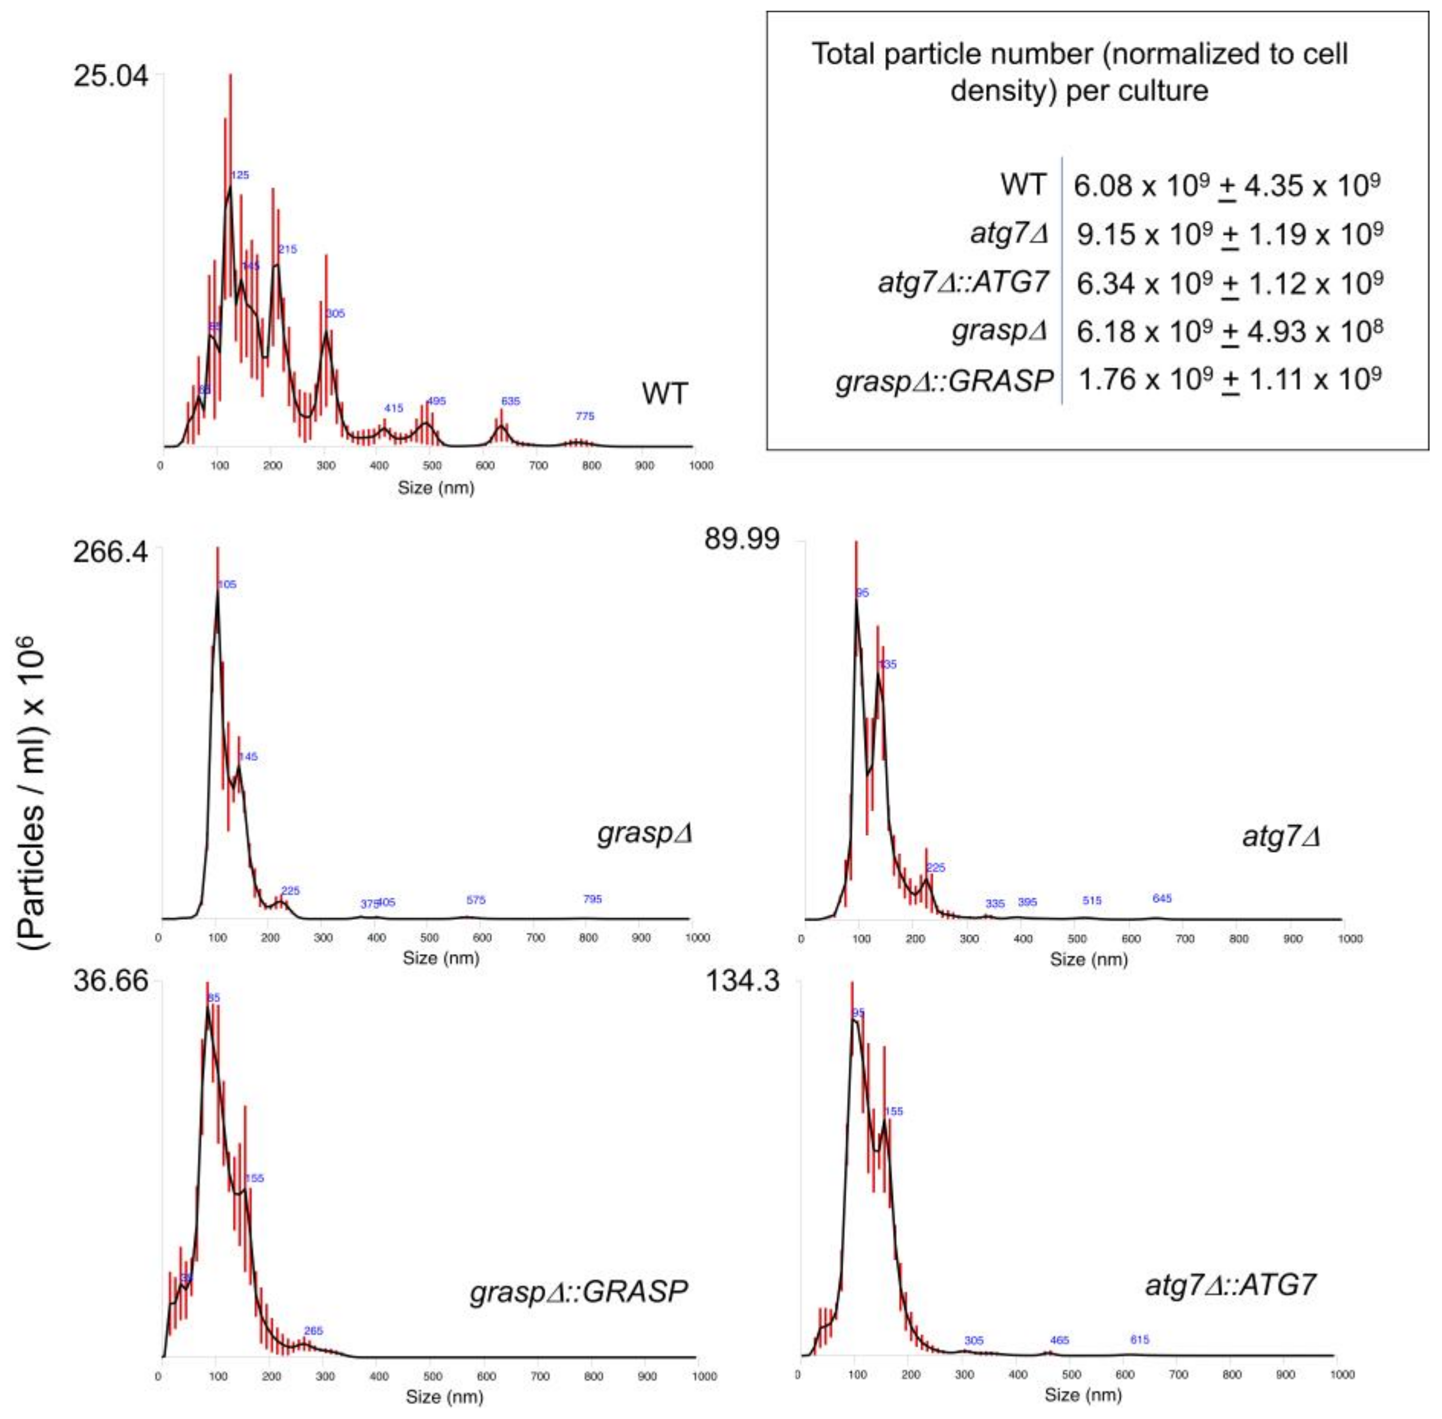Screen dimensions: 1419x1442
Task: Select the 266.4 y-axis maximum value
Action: pos(109,554)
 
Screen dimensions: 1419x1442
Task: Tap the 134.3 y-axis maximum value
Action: pos(742,981)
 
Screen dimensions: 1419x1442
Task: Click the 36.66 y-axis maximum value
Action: pos(110,981)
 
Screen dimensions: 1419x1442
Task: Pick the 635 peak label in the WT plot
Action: pos(510,401)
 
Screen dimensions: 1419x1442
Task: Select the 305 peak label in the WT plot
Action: pos(335,314)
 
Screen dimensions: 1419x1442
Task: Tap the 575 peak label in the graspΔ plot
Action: pos(476,900)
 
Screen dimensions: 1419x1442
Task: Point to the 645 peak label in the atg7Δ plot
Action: pos(1162,898)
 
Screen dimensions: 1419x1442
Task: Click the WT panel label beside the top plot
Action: pos(664,393)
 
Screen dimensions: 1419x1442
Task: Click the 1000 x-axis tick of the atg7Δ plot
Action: pos(1349,939)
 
